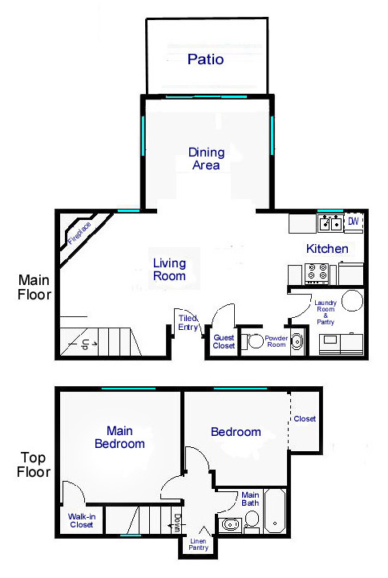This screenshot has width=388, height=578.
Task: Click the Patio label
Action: [205, 59]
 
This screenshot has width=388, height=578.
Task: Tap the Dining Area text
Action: [206, 158]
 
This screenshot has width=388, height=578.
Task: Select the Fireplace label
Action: [79, 234]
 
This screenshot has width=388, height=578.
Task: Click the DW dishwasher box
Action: [354, 222]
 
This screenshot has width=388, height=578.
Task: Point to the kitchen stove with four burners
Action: [317, 273]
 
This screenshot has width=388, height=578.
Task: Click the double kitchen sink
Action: [330, 223]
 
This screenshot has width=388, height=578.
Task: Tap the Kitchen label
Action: [327, 249]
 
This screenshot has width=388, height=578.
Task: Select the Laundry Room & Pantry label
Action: [325, 312]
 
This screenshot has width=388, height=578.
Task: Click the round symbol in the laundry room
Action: [352, 300]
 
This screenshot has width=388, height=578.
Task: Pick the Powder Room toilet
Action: [253, 341]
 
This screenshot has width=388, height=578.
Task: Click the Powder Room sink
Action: [297, 341]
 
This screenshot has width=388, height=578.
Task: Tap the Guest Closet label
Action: [224, 342]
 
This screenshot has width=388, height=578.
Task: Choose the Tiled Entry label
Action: [188, 323]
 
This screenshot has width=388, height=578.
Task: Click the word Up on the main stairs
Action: [85, 344]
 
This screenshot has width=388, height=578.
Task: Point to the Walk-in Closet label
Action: [81, 520]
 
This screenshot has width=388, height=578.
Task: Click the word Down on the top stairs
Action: [177, 523]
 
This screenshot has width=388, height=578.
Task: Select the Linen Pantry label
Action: [198, 544]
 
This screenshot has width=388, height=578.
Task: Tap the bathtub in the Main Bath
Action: [275, 511]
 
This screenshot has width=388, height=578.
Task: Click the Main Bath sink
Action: [230, 524]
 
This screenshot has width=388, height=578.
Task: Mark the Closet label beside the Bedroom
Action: [305, 419]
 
